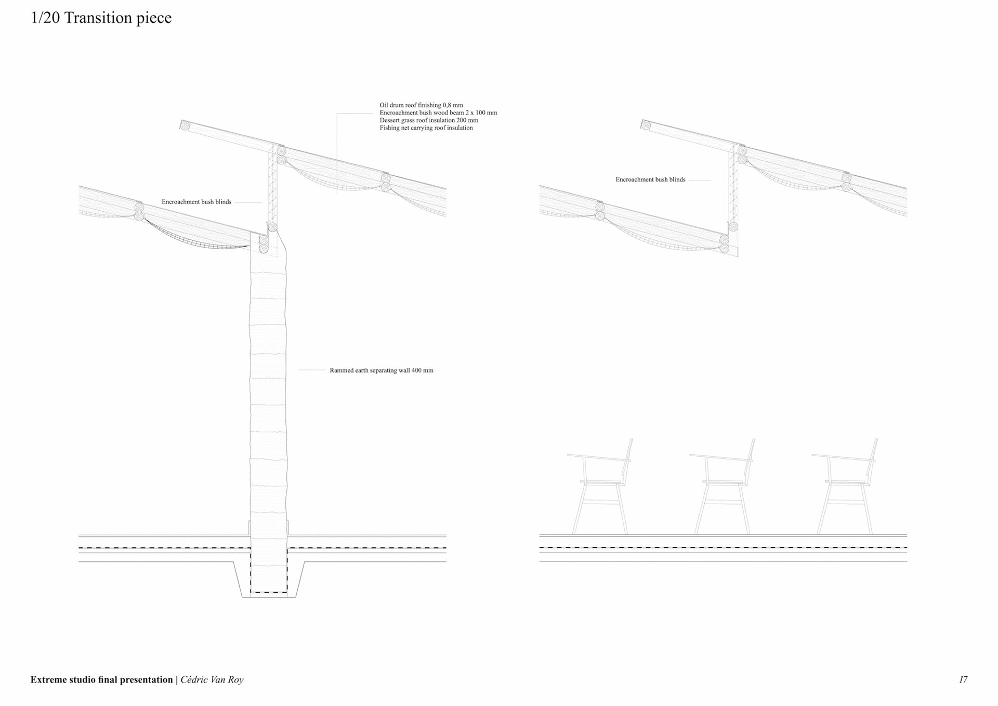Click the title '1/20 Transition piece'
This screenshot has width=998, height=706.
coord(101,18)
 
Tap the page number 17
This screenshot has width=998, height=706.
coord(963,679)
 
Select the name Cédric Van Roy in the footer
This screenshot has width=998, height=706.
coord(212,679)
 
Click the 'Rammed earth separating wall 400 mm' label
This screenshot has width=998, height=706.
coord(381,370)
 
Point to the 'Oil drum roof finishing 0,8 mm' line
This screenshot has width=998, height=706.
coord(421,105)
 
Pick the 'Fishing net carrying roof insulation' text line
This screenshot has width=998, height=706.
coord(426,128)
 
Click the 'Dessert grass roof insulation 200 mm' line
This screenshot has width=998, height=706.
coord(429,120)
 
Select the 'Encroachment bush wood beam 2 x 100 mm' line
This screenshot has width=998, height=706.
coord(438,113)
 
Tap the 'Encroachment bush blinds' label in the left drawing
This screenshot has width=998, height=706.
coord(196,202)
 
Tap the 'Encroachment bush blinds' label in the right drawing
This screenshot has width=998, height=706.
coord(650,179)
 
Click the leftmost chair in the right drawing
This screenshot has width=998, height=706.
coord(601,486)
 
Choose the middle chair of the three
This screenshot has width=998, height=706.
coord(723,486)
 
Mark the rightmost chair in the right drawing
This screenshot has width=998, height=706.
coord(845,486)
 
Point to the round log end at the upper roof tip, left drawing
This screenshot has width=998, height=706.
coord(185,125)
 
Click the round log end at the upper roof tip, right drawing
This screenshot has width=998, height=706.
coord(646,125)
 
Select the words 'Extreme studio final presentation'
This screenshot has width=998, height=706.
coord(101,679)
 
